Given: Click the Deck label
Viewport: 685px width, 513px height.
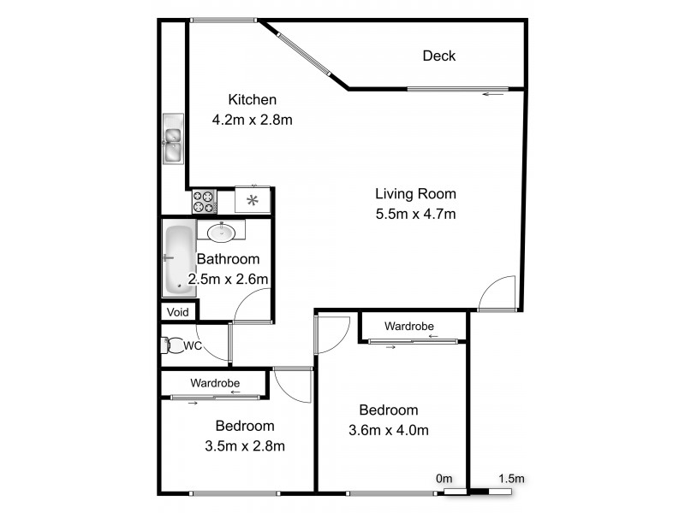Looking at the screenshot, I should click(x=438, y=56).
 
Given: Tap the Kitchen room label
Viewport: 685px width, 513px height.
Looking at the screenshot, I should click(x=252, y=99).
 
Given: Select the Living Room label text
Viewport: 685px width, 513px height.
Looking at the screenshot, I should click(x=415, y=193).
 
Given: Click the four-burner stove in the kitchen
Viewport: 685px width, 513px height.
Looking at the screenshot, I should click(x=205, y=202).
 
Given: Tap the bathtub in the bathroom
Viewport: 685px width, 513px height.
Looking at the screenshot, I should click(x=178, y=259).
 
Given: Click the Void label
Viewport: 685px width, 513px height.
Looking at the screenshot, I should click(x=178, y=312).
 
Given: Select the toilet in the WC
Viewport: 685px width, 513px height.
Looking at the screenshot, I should click(x=170, y=345).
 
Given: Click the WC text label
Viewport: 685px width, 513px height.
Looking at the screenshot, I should click(x=193, y=345).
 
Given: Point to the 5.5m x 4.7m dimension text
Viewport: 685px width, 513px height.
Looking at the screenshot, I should click(x=415, y=214).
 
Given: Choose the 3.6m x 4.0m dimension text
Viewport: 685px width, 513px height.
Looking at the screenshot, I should click(x=389, y=430).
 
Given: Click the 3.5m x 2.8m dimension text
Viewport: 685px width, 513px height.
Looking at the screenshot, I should click(x=245, y=445).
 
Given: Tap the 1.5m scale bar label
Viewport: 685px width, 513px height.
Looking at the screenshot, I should click(x=511, y=478).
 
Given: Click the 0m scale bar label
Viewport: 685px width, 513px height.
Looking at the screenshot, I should click(x=444, y=478).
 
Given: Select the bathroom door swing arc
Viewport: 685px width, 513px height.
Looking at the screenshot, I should click(x=254, y=304).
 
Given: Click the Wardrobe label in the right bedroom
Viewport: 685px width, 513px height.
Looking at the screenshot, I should click(x=408, y=326).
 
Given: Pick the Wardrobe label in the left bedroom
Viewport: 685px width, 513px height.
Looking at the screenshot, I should click(x=215, y=382).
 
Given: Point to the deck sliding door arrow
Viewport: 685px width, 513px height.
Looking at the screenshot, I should click(x=492, y=94).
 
